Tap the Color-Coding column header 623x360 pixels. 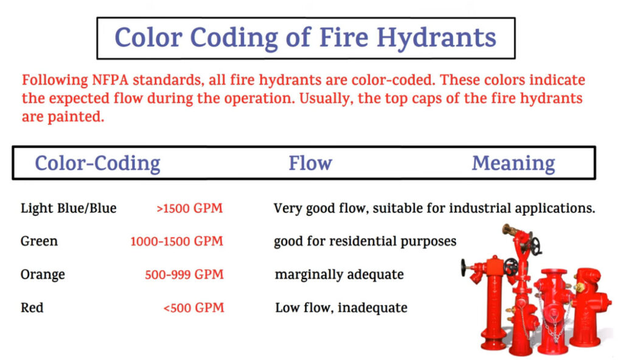[97, 164]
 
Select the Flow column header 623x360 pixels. [310, 163]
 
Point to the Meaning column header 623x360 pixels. [513, 164]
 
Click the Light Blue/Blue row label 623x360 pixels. [68, 208]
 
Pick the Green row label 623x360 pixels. [39, 241]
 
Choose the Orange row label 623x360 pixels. [43, 275]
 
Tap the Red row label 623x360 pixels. [32, 308]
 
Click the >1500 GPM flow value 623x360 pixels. [190, 208]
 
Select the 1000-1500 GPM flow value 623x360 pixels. [177, 241]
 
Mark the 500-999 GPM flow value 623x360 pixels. [184, 275]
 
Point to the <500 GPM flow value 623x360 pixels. [193, 308]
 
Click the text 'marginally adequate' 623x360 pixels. [339, 275]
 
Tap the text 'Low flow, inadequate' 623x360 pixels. [341, 308]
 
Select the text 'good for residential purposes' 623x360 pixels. [365, 241]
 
